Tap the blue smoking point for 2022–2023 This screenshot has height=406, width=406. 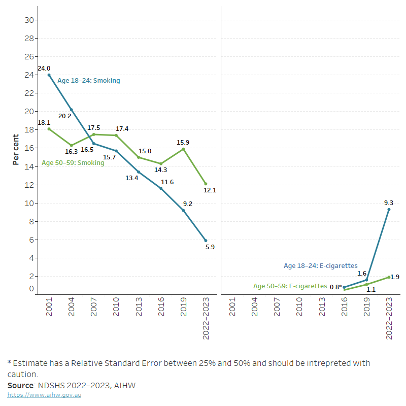tap(206, 241)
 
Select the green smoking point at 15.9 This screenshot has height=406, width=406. tap(183, 149)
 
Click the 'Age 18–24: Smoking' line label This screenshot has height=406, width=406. tap(89, 81)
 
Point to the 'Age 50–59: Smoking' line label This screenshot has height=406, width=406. tap(73, 163)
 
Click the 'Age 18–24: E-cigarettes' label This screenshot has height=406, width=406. tap(320, 266)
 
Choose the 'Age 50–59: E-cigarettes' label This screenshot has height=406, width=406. tap(290, 286)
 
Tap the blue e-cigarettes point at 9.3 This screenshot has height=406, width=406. tap(389, 210)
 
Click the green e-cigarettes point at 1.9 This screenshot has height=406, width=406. tap(389, 277)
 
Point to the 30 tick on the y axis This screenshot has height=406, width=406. tap(29, 20)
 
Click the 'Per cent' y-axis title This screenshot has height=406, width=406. tap(16, 149)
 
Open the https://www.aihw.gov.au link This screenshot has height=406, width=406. tap(44, 395)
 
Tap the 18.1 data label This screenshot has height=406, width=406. tap(44, 123)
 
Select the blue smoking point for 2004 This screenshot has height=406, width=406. tap(71, 110)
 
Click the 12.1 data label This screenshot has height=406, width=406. tap(210, 190)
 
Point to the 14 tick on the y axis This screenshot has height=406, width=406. tap(29, 166)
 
